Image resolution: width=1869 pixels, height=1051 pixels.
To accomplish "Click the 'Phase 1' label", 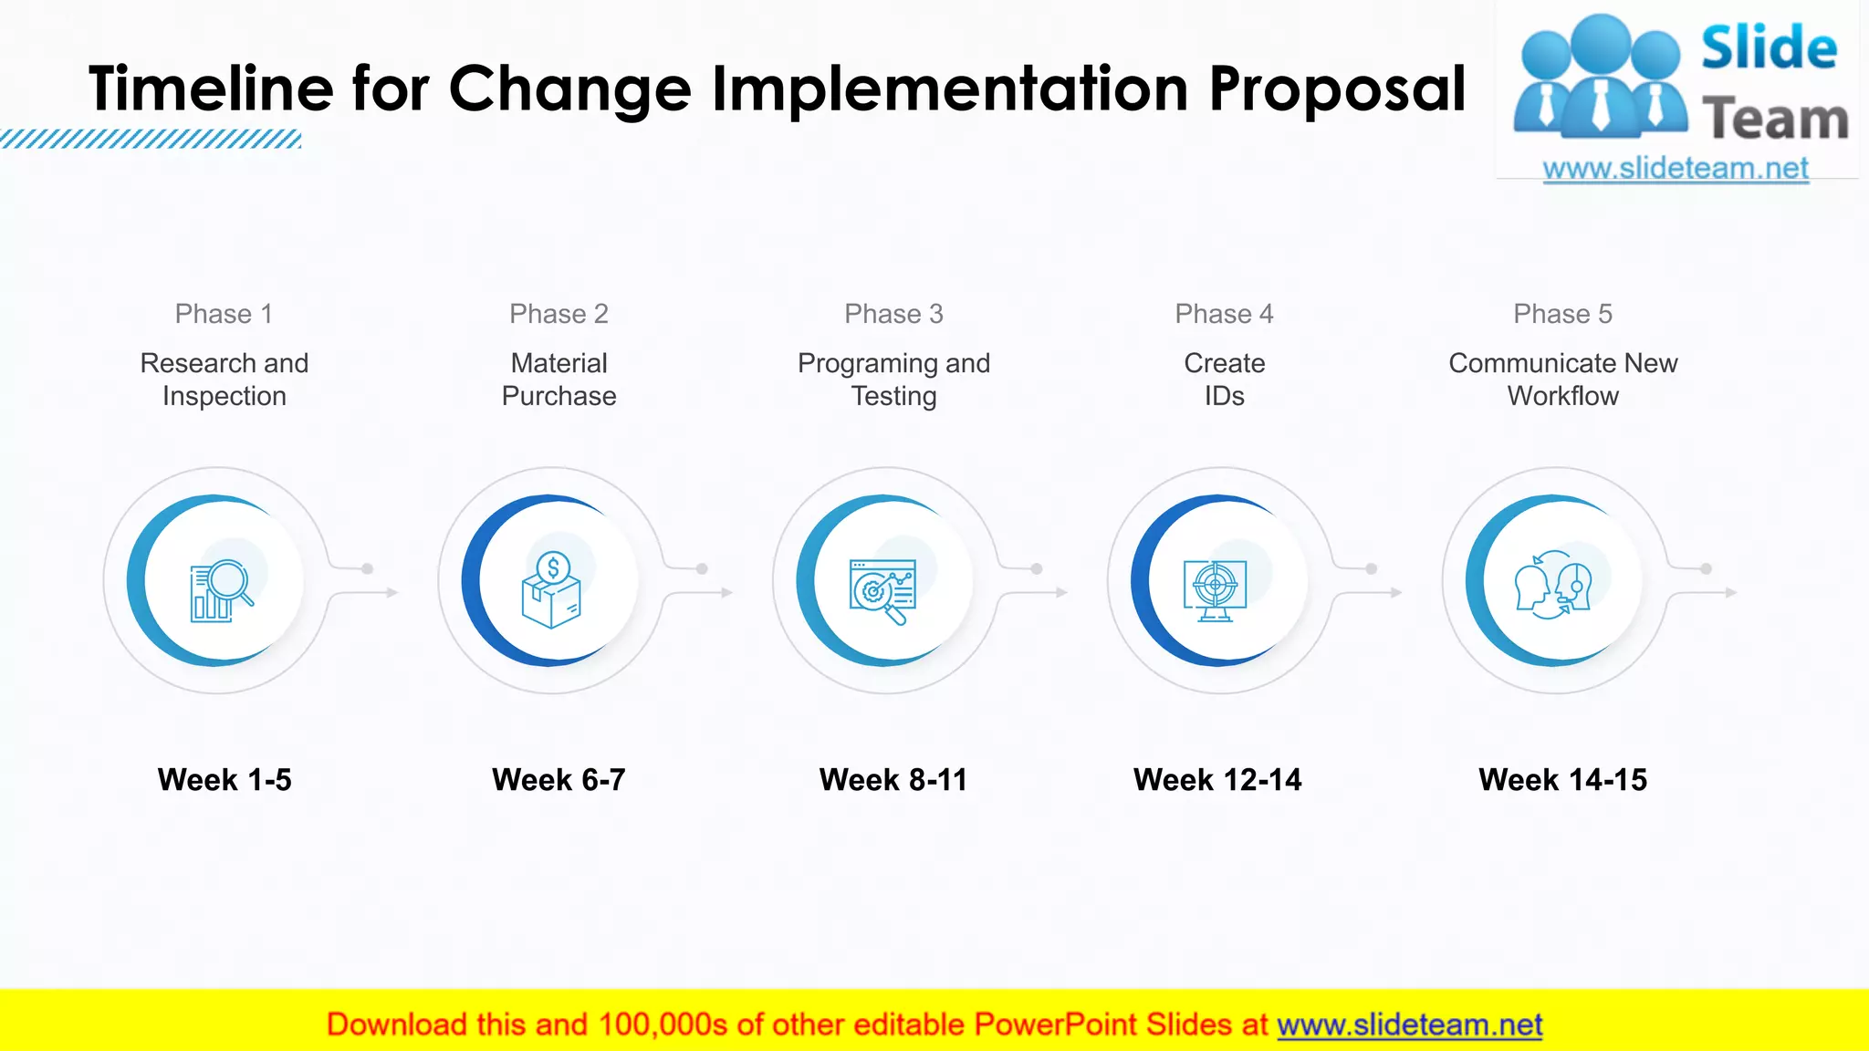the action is [x=224, y=314].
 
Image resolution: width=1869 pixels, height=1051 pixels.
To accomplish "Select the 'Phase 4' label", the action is [x=1224, y=314].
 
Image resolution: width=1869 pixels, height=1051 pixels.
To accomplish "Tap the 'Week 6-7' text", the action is [x=559, y=780].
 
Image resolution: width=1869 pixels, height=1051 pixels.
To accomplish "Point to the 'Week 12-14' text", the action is [x=1217, y=780].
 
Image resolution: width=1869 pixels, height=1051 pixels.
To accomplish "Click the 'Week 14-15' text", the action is [x=1562, y=780].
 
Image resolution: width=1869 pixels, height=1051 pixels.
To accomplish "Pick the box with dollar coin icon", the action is [x=552, y=590].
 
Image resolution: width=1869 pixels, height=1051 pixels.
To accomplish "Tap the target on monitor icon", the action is [x=1215, y=589].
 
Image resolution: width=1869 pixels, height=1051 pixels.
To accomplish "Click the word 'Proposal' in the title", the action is [x=1337, y=88].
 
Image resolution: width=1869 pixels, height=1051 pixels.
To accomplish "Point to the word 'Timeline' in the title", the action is [x=212, y=88].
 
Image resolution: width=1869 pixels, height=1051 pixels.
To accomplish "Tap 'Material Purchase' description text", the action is [x=559, y=380].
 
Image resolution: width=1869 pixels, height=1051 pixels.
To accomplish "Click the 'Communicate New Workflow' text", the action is [x=1562, y=380].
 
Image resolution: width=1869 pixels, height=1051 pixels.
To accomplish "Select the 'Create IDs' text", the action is [x=1224, y=380].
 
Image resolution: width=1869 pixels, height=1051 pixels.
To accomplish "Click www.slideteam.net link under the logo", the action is [x=1675, y=169].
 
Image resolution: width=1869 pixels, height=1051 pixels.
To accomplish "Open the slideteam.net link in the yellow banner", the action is [x=1409, y=1025].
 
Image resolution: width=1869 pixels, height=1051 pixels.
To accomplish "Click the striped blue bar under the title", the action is [x=151, y=140].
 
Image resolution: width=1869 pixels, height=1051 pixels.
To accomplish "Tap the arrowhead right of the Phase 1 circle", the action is [x=392, y=593].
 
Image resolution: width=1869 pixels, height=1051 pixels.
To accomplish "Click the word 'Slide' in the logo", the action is [x=1768, y=48].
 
